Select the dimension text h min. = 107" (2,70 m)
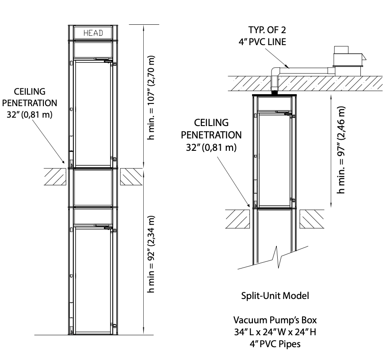click(152, 98)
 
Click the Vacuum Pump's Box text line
click(275, 320)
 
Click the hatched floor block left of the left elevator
click(55, 177)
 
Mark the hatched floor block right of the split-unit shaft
click(314, 218)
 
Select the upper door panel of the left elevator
click(92, 113)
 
